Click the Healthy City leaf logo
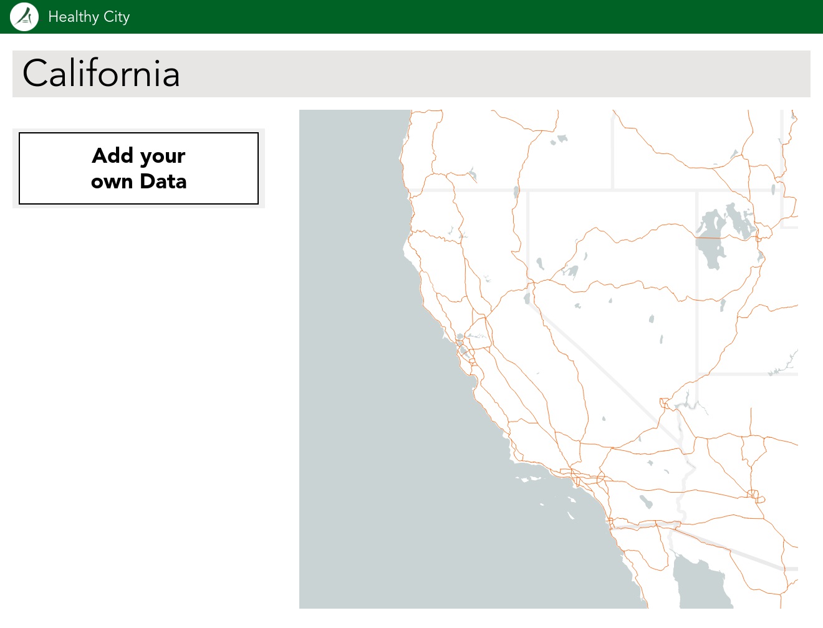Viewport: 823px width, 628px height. pyautogui.click(x=24, y=17)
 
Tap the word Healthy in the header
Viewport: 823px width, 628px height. pyautogui.click(x=73, y=17)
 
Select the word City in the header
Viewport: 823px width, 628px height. pyautogui.click(x=117, y=17)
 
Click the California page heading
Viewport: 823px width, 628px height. pyautogui.click(x=101, y=74)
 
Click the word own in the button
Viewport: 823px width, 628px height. pyautogui.click(x=112, y=181)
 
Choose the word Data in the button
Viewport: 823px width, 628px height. pyautogui.click(x=163, y=181)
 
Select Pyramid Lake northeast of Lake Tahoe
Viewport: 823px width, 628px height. pyautogui.click(x=540, y=264)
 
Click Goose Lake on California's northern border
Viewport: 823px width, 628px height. pyautogui.click(x=516, y=191)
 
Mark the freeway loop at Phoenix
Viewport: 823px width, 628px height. pyautogui.click(x=755, y=496)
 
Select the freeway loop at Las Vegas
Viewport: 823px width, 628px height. pyautogui.click(x=665, y=403)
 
